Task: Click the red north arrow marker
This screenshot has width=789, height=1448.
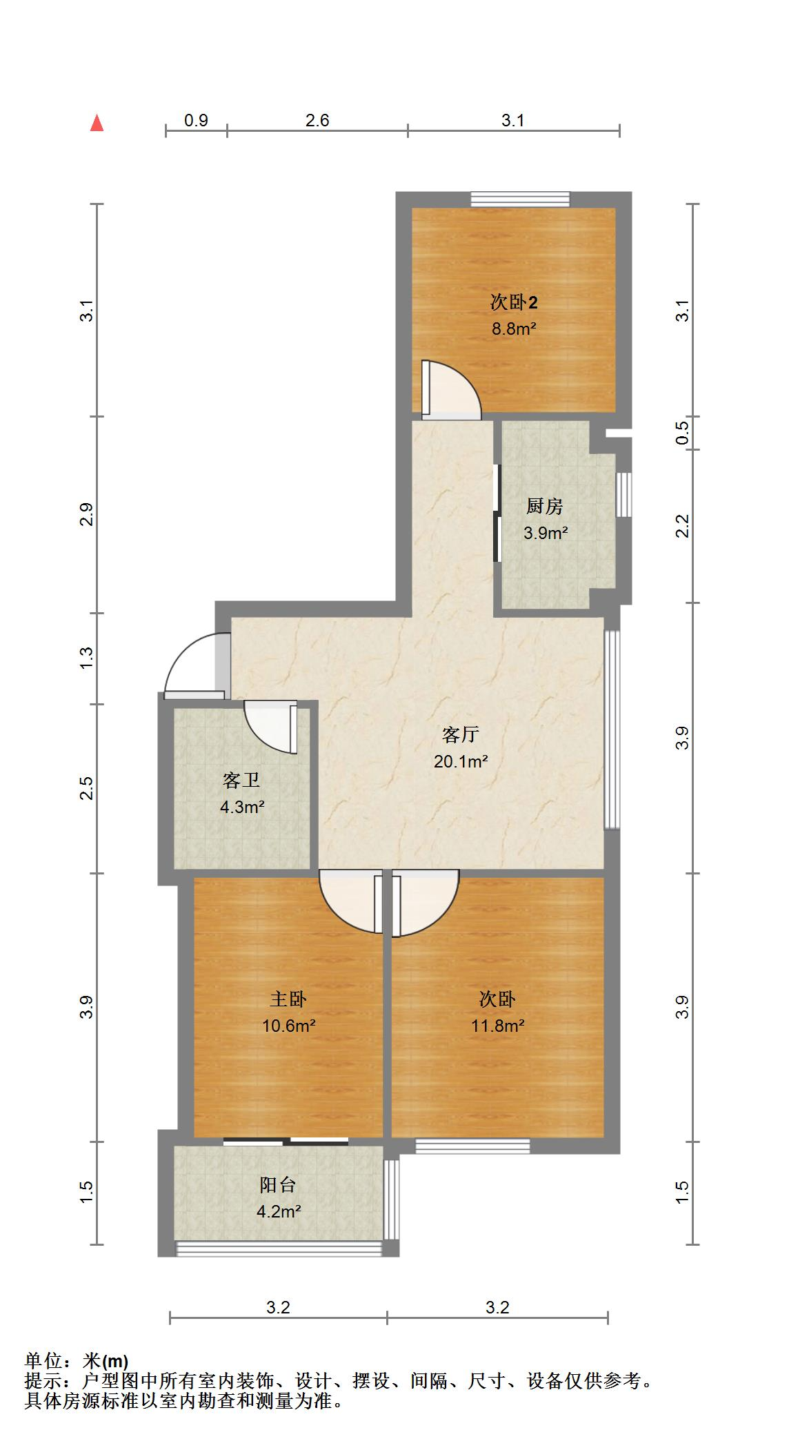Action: click(97, 123)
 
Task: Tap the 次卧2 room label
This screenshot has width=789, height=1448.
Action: click(514, 302)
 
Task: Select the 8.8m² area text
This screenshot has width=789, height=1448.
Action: click(514, 329)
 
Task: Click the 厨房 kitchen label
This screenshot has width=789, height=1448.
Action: click(545, 506)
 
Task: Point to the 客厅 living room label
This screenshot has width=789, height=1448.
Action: click(461, 734)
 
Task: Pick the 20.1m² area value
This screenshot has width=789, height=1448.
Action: click(461, 762)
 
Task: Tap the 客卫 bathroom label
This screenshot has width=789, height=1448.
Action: click(241, 780)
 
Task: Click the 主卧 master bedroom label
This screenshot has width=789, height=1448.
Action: click(288, 999)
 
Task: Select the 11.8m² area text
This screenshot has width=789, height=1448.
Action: click(497, 1026)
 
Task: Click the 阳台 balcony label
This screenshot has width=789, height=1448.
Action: click(278, 1185)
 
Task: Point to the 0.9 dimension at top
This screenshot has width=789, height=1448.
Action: click(196, 121)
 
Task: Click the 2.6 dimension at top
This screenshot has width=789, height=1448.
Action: click(317, 121)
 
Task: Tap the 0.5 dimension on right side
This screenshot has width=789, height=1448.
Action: click(682, 433)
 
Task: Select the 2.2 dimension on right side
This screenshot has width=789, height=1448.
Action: click(682, 527)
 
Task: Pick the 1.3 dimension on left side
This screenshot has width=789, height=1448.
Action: click(86, 658)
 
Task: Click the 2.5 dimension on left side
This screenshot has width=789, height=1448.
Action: click(86, 788)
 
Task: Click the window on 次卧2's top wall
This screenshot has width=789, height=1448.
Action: click(521, 199)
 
